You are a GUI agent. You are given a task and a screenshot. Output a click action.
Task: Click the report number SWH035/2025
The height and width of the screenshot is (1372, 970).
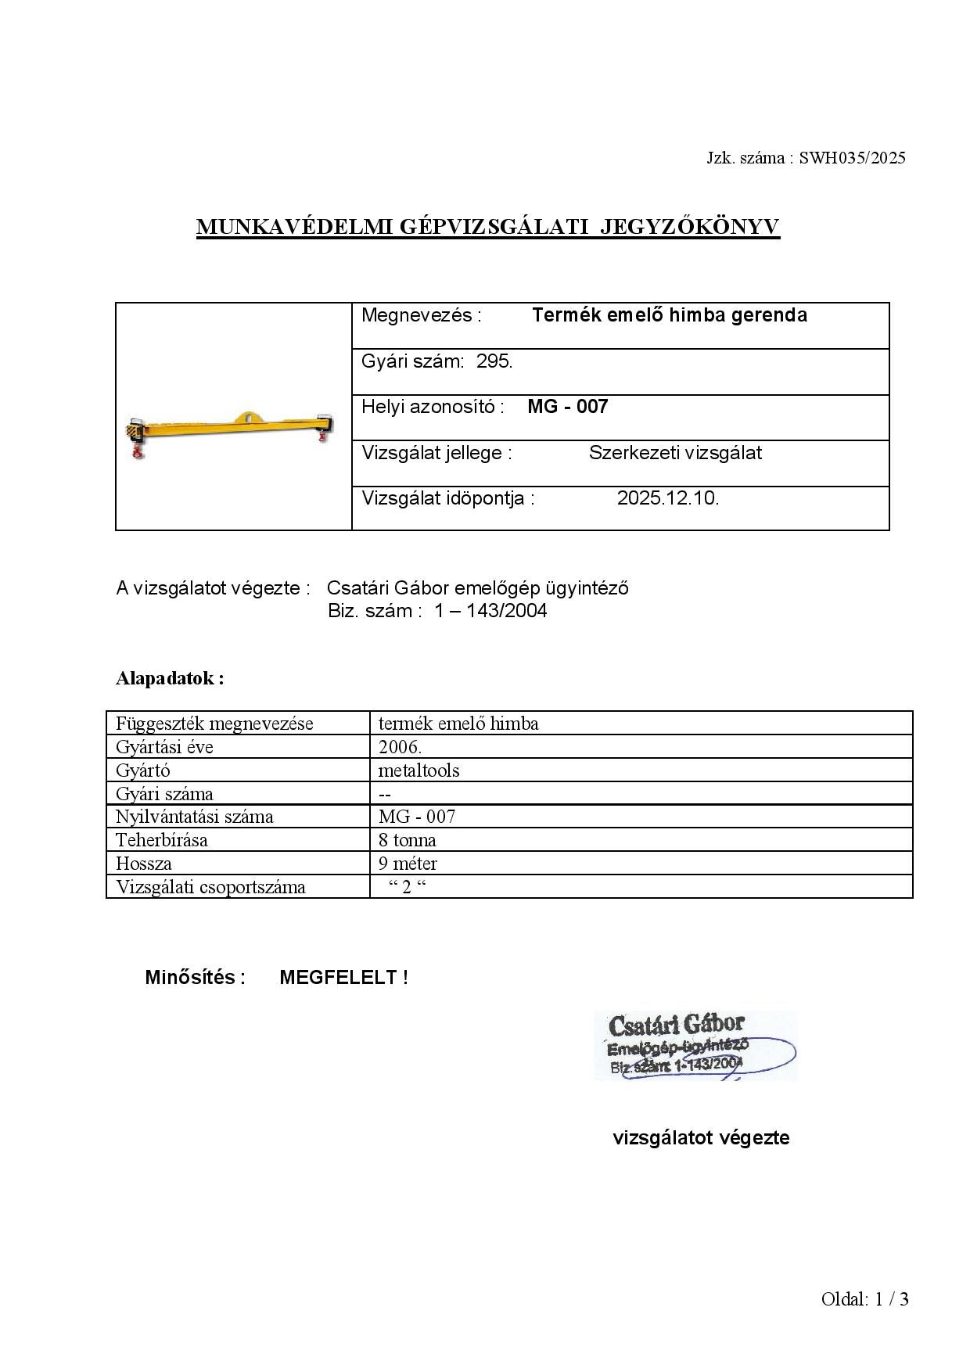point(852,158)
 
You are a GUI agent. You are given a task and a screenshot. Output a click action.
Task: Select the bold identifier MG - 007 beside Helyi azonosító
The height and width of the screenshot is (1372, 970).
point(567,407)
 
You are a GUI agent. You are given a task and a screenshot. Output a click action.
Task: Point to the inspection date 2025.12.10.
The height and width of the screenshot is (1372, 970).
point(667,498)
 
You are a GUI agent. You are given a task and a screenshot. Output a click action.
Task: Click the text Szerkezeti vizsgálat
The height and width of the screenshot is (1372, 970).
point(675,453)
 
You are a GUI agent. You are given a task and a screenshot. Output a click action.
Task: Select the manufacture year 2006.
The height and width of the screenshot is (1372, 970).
point(400,747)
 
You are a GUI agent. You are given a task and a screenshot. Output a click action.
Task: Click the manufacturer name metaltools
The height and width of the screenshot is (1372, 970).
point(419,770)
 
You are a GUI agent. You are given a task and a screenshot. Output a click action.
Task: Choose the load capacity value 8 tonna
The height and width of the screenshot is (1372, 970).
point(407,840)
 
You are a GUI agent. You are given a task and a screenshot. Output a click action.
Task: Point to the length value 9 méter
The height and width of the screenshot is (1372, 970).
point(408,864)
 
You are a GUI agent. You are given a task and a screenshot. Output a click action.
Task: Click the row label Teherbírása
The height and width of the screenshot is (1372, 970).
point(162,840)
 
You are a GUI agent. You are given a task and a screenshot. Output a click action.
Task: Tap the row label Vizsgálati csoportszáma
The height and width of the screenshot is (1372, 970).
point(210,887)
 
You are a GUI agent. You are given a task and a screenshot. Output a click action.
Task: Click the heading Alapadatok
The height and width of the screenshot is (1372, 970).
point(170,678)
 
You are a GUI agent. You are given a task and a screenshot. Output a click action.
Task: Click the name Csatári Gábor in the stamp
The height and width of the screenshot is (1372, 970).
point(676,1025)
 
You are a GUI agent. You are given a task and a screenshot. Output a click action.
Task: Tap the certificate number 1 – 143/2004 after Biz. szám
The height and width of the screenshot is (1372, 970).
point(490,611)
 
